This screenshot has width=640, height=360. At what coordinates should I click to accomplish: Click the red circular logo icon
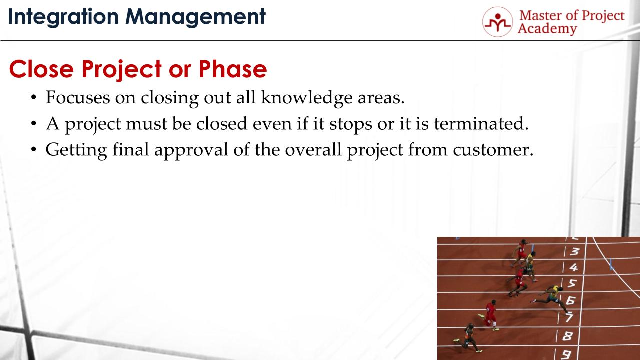[x=497, y=22]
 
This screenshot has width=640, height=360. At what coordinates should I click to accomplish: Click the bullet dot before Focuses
[x=34, y=98]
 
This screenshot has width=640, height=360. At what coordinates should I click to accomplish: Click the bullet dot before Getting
[x=34, y=150]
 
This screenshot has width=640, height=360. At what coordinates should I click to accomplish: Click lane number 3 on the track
[x=575, y=252]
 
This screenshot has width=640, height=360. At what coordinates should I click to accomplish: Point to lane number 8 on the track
[x=567, y=336]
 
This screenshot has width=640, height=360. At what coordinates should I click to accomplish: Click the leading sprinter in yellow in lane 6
[x=552, y=295]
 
